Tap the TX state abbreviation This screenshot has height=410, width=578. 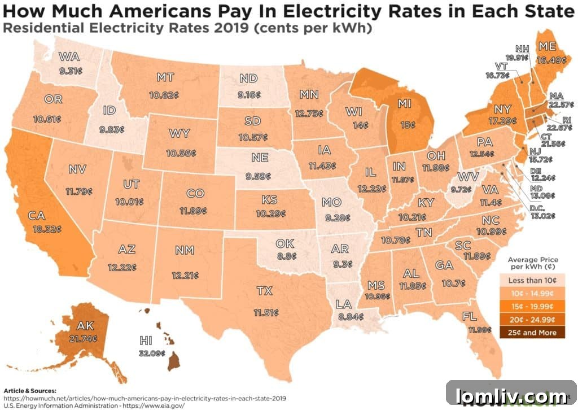pos(264,291)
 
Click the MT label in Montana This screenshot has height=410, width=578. pos(165,77)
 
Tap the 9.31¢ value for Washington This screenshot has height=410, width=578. pos(71,71)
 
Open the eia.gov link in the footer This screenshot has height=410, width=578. pos(152,405)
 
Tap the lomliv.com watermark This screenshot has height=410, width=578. pos(511,396)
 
